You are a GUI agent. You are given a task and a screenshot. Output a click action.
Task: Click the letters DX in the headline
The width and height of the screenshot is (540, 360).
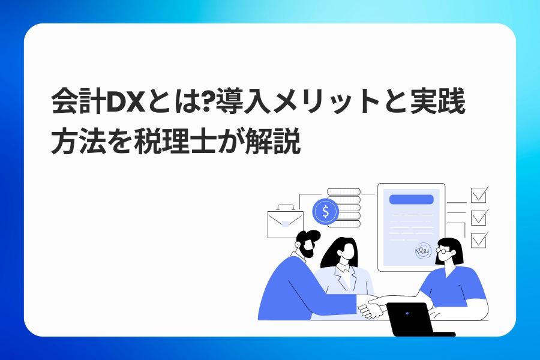click(x=125, y=103)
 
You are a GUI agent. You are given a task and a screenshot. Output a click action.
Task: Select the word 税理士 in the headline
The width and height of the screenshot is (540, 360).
click(x=175, y=141)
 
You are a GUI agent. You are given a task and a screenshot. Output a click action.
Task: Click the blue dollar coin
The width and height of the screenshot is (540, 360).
click(x=325, y=212)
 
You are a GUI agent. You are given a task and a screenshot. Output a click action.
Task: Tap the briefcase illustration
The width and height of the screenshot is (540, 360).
click(x=285, y=221)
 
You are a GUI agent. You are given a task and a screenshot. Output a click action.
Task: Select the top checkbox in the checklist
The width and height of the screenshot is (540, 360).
click(x=479, y=195)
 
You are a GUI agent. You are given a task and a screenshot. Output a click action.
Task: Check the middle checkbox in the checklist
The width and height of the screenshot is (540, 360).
click(x=479, y=217)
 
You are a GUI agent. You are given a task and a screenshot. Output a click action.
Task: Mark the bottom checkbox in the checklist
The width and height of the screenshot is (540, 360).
click(x=479, y=240)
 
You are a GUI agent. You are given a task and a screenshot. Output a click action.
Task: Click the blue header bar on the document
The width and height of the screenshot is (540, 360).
click(x=411, y=199)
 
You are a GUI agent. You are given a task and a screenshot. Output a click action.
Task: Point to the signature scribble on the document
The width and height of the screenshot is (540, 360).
click(x=423, y=250)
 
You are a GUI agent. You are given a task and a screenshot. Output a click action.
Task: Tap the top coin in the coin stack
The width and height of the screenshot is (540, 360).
click(x=343, y=191)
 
